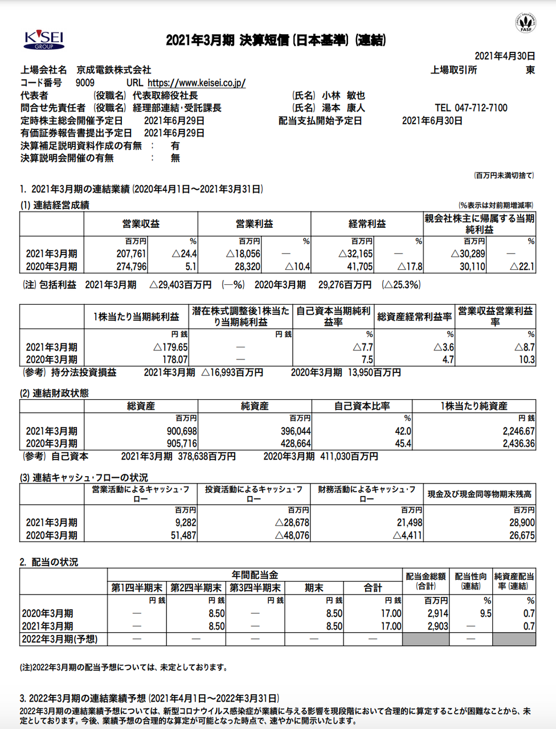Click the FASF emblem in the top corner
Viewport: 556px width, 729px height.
(x=526, y=22)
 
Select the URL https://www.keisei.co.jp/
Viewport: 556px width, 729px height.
(x=197, y=83)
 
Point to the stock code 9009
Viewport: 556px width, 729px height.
(x=85, y=83)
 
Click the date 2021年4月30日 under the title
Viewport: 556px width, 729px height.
(x=505, y=56)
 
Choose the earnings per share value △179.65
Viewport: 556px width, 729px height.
(x=170, y=347)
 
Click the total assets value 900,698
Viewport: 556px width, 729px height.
(x=182, y=432)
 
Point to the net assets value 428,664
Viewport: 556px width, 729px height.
(x=296, y=444)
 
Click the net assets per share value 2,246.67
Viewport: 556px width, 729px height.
(x=518, y=432)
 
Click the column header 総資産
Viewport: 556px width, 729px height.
(x=141, y=406)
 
